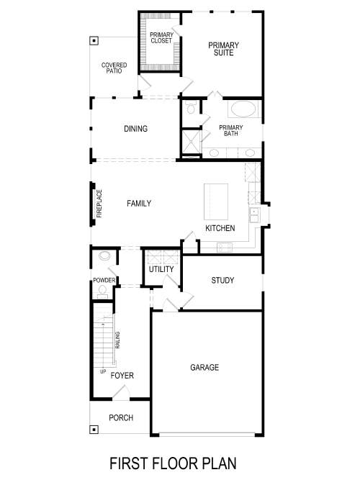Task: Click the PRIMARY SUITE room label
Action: coord(223,49)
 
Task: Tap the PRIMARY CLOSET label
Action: coord(161,37)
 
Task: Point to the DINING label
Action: coord(135,130)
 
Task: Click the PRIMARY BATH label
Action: coord(231,131)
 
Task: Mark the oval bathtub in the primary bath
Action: coord(242,110)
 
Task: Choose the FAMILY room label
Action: coord(139,204)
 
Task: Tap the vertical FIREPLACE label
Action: coord(99,203)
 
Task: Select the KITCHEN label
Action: coord(220,228)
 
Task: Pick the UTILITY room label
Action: coord(161,269)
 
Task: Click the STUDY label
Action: coord(222,281)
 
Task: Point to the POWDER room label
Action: coord(104,280)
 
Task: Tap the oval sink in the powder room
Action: coord(105,255)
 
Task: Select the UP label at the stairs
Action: coord(103,372)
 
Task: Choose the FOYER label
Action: coord(122,376)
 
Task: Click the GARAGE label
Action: coord(204,368)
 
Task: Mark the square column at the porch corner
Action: coord(94,430)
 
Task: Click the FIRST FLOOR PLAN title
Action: coord(173,462)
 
